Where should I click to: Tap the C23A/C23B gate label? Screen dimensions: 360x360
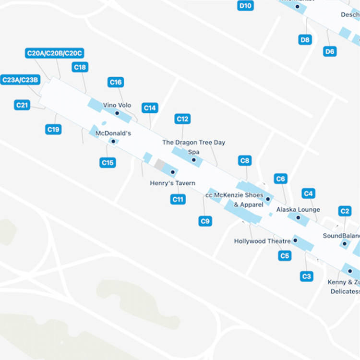[20, 80]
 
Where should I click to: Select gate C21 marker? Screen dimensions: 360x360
[23, 105]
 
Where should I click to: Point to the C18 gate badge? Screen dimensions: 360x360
[80, 67]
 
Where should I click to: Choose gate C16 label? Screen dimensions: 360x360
[116, 82]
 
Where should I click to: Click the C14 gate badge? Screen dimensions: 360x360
[150, 108]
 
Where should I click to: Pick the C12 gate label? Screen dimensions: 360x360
[182, 119]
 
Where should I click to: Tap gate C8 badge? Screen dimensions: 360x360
[245, 160]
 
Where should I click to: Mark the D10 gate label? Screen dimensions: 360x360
[246, 6]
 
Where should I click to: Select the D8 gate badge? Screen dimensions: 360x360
[305, 40]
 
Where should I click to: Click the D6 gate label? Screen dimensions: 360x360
[330, 51]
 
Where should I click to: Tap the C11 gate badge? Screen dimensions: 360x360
[178, 199]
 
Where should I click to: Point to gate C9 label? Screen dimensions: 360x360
[205, 221]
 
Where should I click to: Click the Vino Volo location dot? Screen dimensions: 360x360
[117, 113]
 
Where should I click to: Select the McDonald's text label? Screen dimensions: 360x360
[113, 133]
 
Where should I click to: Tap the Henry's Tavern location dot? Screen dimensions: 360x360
[172, 172]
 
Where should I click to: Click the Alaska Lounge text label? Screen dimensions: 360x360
[298, 210]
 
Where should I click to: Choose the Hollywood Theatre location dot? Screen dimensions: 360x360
[295, 240]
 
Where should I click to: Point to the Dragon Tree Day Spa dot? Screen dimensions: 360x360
[194, 160]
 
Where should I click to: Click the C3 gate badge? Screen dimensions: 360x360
[307, 276]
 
